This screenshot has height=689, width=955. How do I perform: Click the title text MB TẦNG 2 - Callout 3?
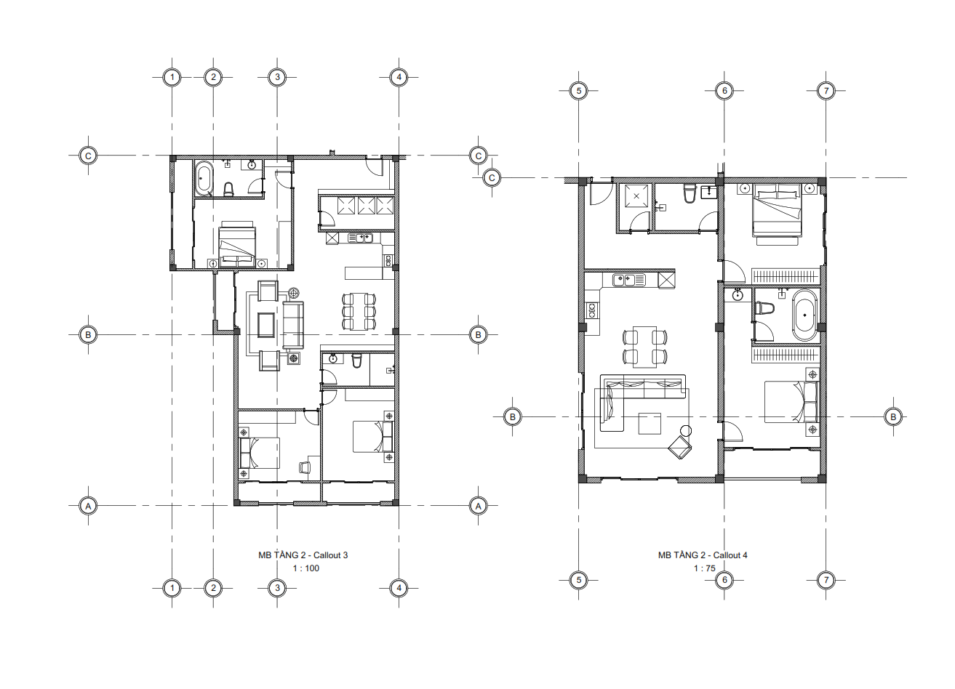pos(303,555)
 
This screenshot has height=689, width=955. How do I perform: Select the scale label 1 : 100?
pos(305,568)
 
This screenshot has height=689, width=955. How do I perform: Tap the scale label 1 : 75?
pos(704,568)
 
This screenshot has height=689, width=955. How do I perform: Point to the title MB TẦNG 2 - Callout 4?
pos(703,555)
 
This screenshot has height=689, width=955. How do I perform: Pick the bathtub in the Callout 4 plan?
pos(804,315)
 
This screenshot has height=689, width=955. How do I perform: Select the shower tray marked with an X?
pos(636,196)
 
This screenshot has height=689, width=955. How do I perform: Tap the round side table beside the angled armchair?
pos(686,431)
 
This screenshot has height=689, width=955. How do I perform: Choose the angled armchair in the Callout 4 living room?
pos(679,447)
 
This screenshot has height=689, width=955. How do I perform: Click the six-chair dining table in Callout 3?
pos(359,311)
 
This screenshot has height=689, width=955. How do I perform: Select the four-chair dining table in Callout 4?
pos(644,347)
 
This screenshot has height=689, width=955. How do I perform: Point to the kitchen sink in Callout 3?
pos(361,238)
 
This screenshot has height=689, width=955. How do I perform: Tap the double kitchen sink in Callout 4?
pos(629,280)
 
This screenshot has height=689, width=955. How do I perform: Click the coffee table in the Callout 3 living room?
pos(266,325)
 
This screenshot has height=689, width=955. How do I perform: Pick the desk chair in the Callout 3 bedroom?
pos(305,467)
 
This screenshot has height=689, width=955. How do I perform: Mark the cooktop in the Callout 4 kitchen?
pos(592,310)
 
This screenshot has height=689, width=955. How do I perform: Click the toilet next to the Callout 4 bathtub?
pos(764,308)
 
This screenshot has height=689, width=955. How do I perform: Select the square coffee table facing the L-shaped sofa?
pos(650,424)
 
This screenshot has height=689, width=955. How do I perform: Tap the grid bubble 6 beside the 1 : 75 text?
pos(724,579)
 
